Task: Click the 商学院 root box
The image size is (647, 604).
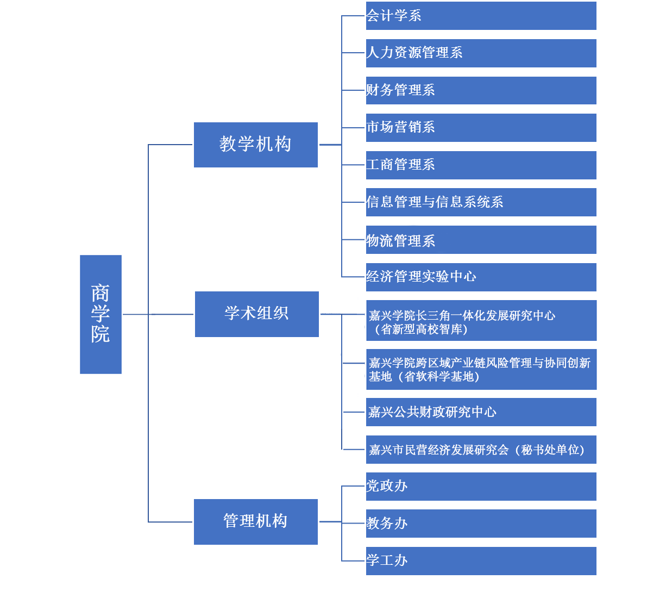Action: coord(100,314)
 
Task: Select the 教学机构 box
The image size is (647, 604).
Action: coord(255,145)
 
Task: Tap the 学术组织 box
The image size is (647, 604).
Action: coord(256,314)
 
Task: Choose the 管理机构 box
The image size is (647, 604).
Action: coord(255,521)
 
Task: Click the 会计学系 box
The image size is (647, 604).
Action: coord(481,16)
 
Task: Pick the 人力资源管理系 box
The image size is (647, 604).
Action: coord(481,53)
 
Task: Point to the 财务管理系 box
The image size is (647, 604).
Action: coord(481,90)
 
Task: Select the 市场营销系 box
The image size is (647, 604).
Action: coord(481,127)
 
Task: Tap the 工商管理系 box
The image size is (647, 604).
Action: coord(481,165)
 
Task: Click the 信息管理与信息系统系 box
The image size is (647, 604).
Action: coord(481,202)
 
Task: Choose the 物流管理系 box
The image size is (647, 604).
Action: coord(481,240)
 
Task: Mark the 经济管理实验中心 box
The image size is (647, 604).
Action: coord(481,277)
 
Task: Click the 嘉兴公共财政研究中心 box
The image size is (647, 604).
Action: coord(481,412)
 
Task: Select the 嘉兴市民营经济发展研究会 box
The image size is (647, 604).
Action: coord(481,450)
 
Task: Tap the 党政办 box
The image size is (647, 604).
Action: coord(481,486)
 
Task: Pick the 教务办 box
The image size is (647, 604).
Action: coord(481,523)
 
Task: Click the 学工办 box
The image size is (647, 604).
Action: coord(481,561)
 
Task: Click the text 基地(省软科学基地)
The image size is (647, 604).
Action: coord(424,377)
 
